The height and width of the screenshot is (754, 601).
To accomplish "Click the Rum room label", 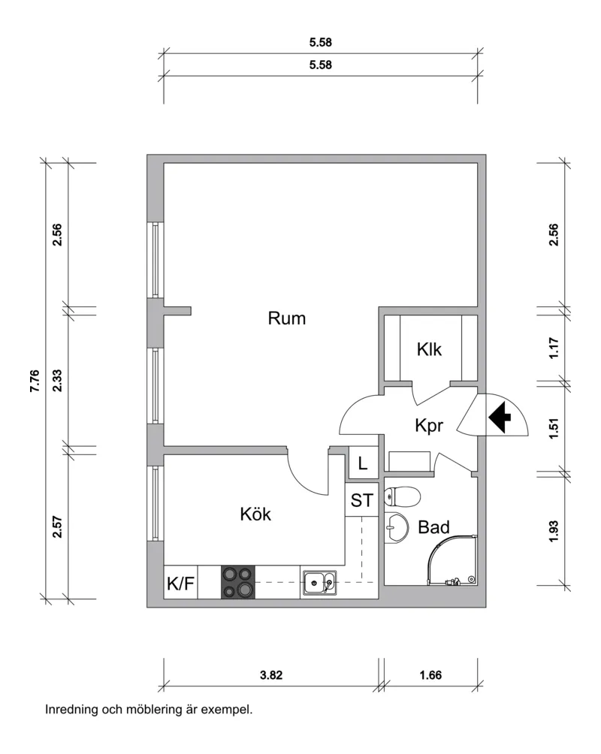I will click(287, 318).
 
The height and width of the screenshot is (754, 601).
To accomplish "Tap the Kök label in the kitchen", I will click(255, 514).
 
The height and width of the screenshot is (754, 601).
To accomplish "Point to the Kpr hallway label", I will click(429, 426).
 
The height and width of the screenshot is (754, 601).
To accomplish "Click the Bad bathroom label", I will click(433, 527).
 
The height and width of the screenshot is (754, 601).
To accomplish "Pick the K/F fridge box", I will click(180, 583).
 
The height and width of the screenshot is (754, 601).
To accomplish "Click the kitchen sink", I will click(320, 583).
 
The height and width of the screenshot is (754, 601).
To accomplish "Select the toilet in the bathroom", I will click(403, 496).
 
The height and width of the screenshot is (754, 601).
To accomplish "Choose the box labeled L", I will click(363, 463).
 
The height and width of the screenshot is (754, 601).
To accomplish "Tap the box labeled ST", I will click(362, 501).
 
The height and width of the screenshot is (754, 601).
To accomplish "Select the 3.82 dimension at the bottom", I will click(271, 675).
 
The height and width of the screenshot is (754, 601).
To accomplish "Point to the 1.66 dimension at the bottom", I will click(430, 675).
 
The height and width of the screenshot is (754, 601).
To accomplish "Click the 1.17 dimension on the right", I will click(554, 348).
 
